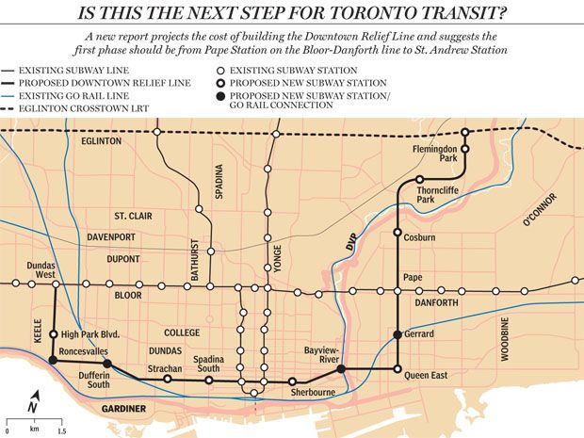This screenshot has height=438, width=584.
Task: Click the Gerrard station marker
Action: coord(397,335)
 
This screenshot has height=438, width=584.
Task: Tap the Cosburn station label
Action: coord(419,238)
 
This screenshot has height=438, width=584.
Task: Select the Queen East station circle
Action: coord(397,369)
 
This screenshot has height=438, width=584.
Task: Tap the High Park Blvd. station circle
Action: coord(54,333)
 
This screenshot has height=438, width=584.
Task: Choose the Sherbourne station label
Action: coord(314,393)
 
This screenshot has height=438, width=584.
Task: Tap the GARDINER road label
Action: coord(124,409)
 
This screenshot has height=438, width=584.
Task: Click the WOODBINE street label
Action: coord(506,339)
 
